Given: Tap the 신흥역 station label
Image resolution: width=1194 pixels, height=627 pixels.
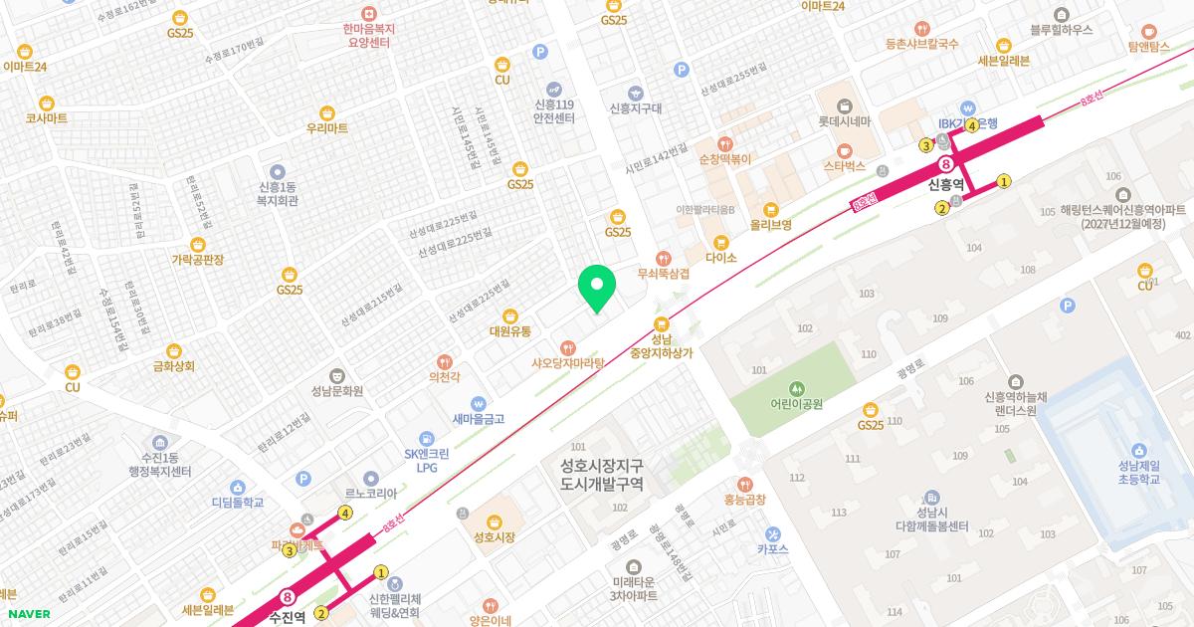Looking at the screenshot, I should click(x=945, y=184).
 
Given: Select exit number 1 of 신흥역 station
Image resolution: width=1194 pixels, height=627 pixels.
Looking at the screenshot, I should click(x=1004, y=181).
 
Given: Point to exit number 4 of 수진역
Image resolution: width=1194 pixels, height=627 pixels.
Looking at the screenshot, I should click(x=345, y=514).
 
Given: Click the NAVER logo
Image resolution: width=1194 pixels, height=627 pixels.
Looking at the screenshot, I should click(x=29, y=614).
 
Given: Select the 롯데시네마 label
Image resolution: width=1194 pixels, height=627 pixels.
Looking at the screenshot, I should click(x=844, y=121).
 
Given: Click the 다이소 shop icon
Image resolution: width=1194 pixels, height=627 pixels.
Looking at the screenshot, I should click(x=720, y=242).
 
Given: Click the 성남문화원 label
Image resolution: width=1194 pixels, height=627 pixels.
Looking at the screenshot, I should click(x=336, y=391).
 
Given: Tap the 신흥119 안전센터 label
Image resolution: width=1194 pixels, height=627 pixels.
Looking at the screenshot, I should click(x=554, y=110).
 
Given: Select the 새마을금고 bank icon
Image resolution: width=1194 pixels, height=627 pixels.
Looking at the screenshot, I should click(x=479, y=404).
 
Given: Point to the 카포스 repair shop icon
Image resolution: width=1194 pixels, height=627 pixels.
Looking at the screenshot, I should click(x=772, y=533).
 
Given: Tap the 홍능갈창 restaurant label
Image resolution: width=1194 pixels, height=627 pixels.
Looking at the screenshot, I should click(x=745, y=500).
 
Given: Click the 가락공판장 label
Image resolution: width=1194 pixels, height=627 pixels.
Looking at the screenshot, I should click(x=197, y=260).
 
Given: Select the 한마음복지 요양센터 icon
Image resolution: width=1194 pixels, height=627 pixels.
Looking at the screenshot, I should click(x=368, y=14).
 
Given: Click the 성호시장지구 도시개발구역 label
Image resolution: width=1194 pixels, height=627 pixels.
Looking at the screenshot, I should click(x=601, y=475).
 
